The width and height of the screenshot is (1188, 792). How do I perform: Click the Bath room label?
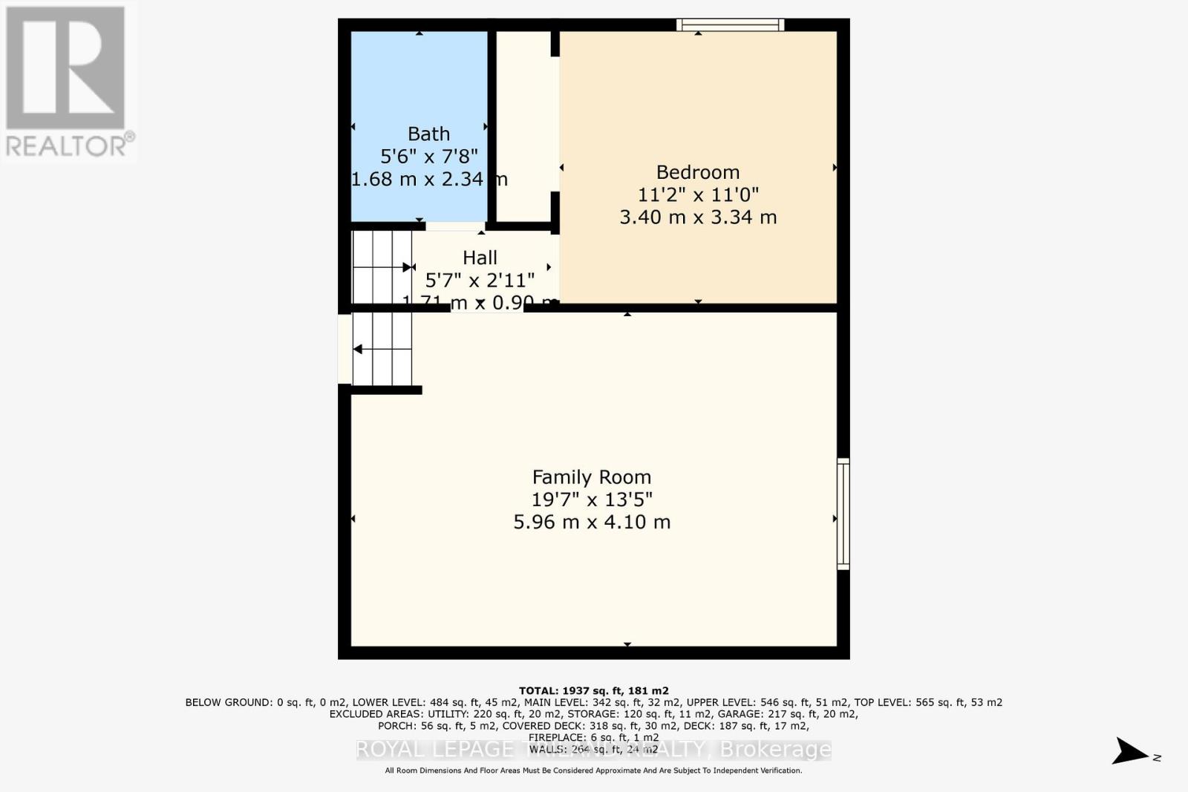point(428,134)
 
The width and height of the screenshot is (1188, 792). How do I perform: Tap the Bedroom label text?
point(697,172)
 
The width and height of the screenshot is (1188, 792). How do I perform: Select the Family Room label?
point(591,477)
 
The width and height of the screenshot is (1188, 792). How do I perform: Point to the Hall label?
point(480,258)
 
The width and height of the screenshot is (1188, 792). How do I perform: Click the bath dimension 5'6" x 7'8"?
point(428,156)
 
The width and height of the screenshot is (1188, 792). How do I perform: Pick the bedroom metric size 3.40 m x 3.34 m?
point(697,217)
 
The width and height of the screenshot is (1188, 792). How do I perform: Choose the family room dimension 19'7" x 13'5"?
point(591,500)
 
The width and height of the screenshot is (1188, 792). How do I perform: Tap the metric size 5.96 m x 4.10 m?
point(591,522)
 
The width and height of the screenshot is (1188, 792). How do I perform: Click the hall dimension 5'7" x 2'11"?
point(480,280)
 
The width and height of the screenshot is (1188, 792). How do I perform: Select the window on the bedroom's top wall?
point(730,25)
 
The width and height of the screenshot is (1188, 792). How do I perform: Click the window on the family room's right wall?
point(843,514)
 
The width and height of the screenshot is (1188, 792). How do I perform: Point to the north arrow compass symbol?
point(1131,751)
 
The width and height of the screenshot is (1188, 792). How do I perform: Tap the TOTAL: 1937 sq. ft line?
point(593,691)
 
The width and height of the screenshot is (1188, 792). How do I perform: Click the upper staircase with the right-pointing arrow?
point(382,267)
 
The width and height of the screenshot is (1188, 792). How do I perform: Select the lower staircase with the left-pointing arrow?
point(382,349)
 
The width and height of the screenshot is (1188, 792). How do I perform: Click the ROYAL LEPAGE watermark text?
point(434,750)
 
